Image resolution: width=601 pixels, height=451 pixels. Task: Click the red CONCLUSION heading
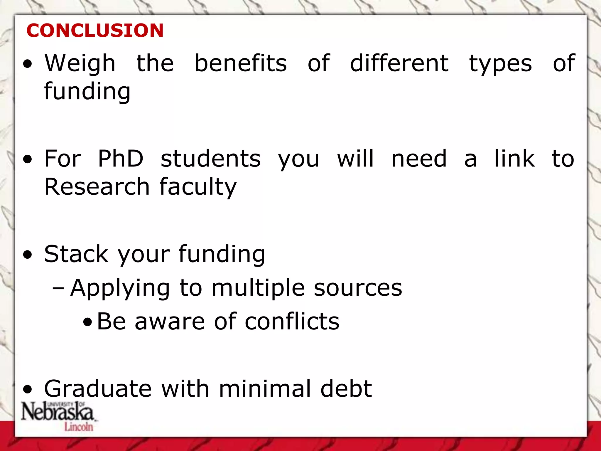coord(95,30)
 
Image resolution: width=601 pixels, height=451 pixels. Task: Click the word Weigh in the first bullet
coord(80,64)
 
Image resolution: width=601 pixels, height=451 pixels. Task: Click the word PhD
coord(120,159)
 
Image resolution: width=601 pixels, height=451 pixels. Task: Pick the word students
coord(210,159)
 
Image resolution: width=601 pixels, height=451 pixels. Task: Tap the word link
coord(514,159)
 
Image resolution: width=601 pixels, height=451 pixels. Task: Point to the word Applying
coord(120,288)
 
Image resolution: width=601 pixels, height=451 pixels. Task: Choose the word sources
coord(358,288)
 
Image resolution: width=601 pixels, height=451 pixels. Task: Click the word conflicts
coord(292,322)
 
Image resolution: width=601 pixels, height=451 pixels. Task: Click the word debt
coord(346,389)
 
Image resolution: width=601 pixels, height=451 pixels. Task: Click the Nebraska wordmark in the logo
coord(57,412)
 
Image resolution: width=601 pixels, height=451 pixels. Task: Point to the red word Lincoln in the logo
coord(79,427)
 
